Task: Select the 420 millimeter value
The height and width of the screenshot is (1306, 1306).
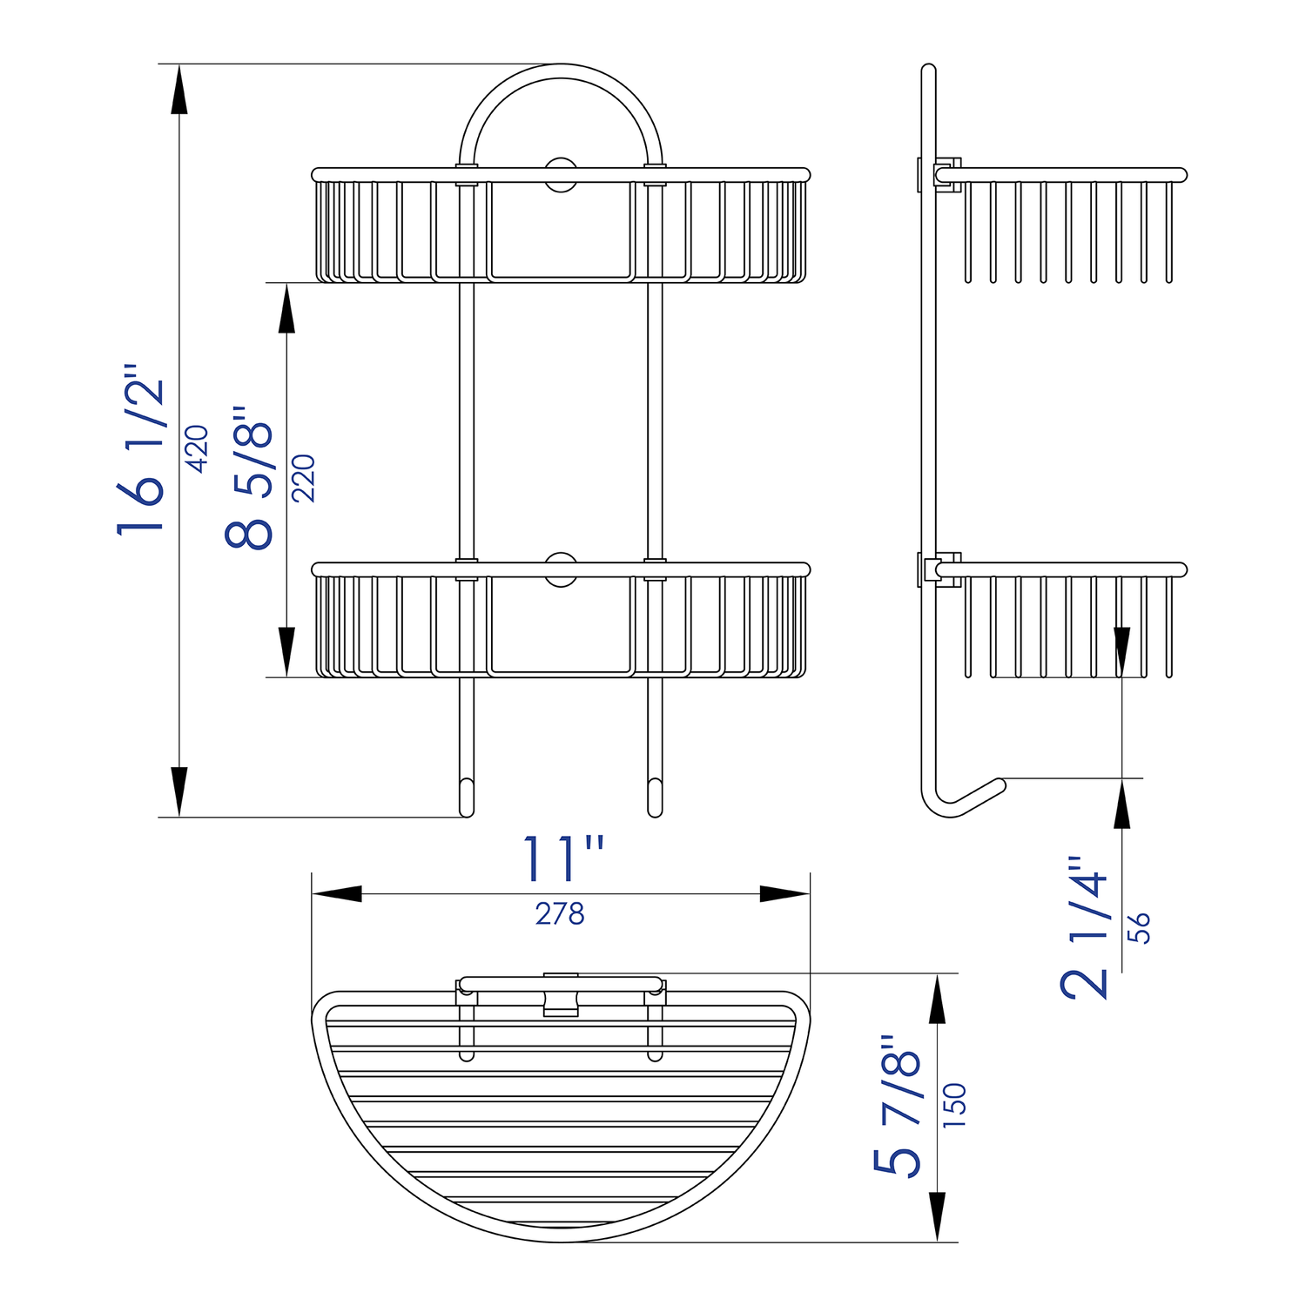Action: tap(198, 448)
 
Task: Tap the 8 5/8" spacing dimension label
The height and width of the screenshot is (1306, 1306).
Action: tap(249, 477)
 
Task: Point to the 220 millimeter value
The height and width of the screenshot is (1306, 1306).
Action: tap(303, 478)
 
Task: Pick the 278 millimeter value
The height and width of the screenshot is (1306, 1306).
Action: tap(560, 914)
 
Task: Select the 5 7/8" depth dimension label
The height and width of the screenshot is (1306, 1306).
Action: tap(898, 1106)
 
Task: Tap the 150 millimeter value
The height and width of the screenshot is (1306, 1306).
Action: tap(955, 1106)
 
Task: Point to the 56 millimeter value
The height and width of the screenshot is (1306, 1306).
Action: tap(1139, 927)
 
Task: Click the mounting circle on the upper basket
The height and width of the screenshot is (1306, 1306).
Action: tap(561, 174)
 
